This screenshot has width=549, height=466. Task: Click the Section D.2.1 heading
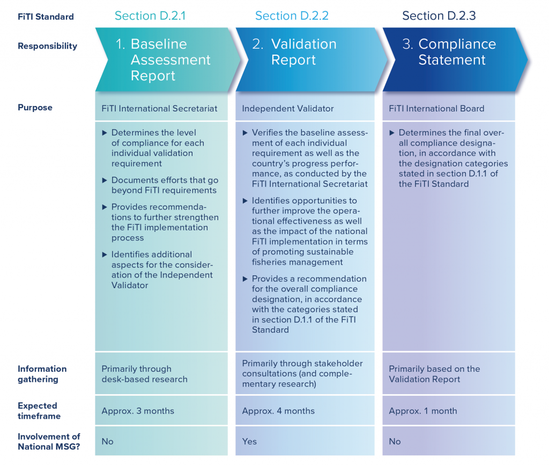point(150,16)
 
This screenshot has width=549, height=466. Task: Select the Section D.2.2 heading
point(292,16)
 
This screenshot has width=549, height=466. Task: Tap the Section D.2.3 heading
point(439,16)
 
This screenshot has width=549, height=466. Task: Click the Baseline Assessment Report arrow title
point(163,60)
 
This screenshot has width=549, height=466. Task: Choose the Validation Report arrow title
point(294,52)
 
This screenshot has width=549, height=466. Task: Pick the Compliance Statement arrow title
point(449,52)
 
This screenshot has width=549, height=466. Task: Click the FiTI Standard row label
point(46,17)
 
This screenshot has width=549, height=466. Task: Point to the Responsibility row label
point(48,46)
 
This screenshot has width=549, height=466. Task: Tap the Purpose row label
point(35,108)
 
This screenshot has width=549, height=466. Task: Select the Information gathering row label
point(42,374)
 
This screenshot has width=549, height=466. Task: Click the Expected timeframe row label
point(39,411)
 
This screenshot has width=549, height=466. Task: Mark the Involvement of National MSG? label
point(49,441)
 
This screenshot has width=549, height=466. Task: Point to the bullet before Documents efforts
point(105,180)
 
